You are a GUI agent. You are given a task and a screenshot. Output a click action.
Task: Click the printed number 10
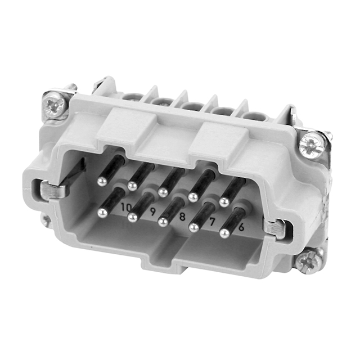[125, 207]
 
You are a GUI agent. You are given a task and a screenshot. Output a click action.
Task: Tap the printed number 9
[152, 211]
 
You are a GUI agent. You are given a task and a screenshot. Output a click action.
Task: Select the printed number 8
[182, 216]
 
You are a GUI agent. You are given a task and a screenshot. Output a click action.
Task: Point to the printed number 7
[212, 222]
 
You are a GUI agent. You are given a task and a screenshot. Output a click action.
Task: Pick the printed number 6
[241, 227]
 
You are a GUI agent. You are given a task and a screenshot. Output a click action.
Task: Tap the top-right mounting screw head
[313, 145]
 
